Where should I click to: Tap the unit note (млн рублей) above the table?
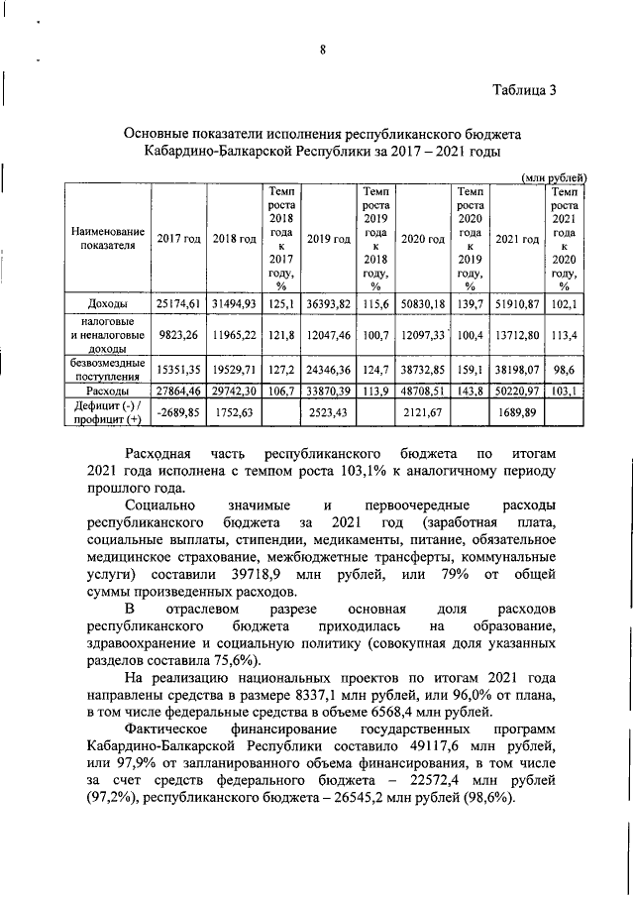555,176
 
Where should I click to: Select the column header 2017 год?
178,239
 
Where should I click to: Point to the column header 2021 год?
517,239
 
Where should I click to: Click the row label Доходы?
107,302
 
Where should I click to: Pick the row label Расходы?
107,392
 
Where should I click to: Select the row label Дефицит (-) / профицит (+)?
107,410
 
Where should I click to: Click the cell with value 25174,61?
178,302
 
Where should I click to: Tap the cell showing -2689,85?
178,410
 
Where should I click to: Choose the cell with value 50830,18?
423,302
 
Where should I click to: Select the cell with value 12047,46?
329,336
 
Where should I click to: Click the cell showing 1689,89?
517,410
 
